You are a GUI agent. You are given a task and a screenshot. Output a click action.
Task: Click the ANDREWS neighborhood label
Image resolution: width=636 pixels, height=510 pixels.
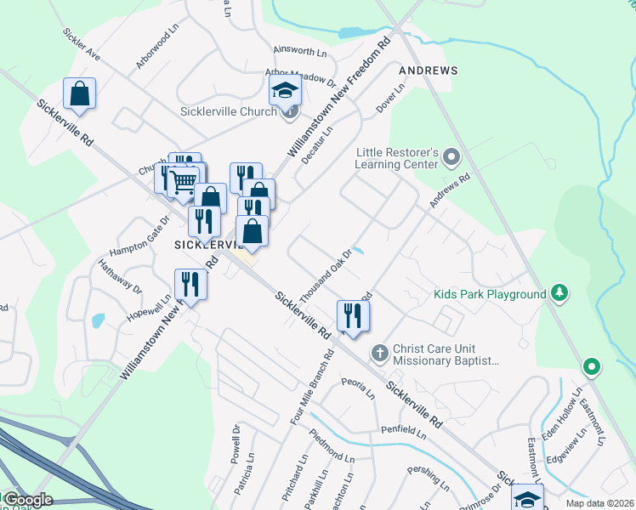pyautogui.click(x=429, y=71)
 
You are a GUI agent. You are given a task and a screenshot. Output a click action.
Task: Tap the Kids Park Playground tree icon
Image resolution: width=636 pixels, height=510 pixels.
pyautogui.click(x=559, y=294)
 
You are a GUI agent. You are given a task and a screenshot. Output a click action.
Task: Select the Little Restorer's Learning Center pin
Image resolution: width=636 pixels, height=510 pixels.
pyautogui.click(x=451, y=157)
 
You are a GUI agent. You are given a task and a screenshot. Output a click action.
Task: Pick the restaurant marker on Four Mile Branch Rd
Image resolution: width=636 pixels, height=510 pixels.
pyautogui.click(x=350, y=315)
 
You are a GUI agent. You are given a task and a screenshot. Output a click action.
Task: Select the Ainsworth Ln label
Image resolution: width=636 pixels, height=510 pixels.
pyautogui.click(x=299, y=52)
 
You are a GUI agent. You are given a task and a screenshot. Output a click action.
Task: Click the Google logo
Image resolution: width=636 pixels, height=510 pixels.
pyautogui.click(x=27, y=500)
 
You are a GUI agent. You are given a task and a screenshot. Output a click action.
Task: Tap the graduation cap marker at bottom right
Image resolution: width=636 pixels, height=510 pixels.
pyautogui.click(x=527, y=498)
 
